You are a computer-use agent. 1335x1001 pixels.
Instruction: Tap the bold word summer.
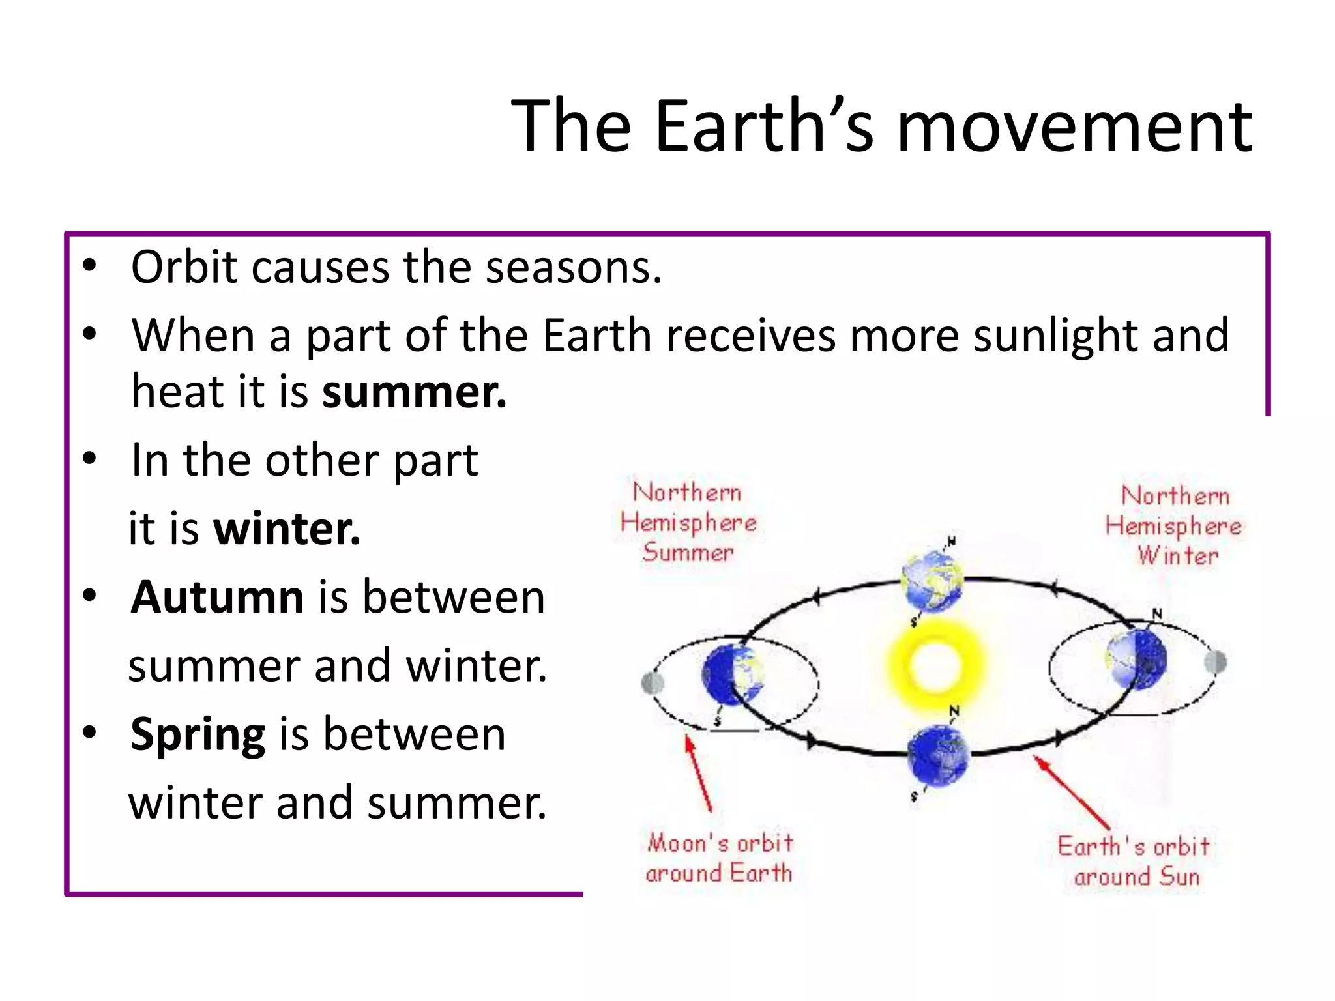click(414, 392)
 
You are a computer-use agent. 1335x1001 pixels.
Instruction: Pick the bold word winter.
click(287, 529)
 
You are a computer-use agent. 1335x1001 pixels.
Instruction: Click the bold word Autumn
click(217, 597)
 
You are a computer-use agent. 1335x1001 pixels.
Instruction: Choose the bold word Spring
click(198, 734)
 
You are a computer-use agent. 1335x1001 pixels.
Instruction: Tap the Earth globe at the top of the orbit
click(932, 580)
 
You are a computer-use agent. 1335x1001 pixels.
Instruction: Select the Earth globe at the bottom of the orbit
click(938, 756)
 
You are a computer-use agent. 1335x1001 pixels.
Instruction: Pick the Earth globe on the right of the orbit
click(1137, 658)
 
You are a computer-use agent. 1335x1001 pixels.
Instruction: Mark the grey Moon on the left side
click(653, 683)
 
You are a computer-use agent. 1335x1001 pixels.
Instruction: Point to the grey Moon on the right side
click(1216, 662)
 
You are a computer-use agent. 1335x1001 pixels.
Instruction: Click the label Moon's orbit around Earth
click(719, 858)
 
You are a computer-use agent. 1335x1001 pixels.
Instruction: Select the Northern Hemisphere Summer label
click(688, 522)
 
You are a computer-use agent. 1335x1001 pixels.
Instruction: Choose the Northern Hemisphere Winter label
click(1173, 525)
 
